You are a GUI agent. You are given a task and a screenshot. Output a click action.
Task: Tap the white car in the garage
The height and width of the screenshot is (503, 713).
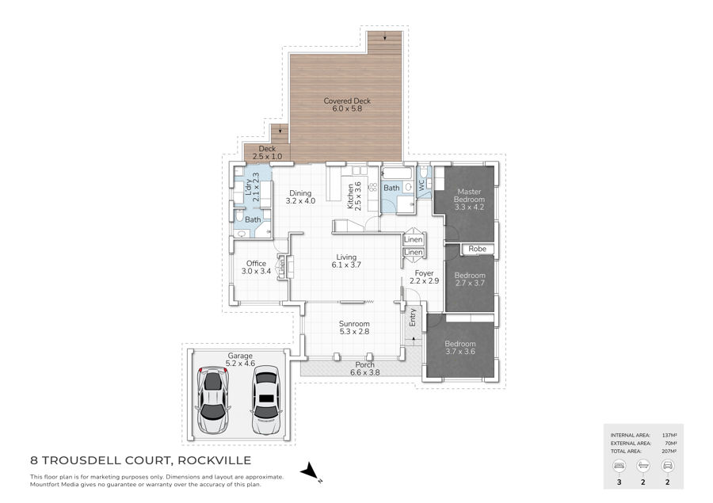point(266,400)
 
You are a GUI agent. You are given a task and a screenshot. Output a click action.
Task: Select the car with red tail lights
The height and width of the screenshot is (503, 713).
point(213,399)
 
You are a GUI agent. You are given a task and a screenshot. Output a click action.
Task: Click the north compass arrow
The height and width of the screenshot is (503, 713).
point(310,471)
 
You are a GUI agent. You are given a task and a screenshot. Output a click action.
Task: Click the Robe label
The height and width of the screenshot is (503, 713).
point(478,249)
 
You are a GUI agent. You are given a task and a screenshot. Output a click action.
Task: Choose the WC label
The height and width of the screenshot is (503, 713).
point(421,185)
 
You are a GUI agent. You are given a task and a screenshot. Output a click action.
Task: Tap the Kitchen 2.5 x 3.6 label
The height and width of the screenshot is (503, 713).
point(354,196)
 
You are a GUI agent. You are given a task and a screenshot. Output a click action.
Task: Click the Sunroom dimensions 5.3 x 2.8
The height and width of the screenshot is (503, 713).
point(354,332)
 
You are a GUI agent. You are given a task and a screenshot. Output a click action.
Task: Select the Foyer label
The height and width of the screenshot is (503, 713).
point(425,273)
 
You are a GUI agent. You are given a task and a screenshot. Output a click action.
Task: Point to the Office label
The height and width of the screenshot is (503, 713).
point(256,263)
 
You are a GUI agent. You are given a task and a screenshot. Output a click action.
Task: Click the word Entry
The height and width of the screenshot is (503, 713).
point(413,318)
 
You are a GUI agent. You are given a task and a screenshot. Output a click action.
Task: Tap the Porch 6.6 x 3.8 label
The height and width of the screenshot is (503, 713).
point(364,368)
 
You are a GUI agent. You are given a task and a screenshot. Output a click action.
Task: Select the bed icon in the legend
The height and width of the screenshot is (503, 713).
point(620,466)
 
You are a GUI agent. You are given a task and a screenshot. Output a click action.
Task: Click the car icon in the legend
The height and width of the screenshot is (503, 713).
point(668,466)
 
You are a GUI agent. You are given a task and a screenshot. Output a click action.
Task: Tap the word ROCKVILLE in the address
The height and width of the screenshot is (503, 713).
point(214,460)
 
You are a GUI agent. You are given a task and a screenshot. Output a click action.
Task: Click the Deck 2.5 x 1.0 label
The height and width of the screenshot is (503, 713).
point(268,152)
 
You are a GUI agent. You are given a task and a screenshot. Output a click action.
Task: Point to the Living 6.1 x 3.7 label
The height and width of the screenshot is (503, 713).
point(346,261)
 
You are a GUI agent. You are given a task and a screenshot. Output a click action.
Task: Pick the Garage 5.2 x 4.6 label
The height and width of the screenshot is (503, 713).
point(240,360)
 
